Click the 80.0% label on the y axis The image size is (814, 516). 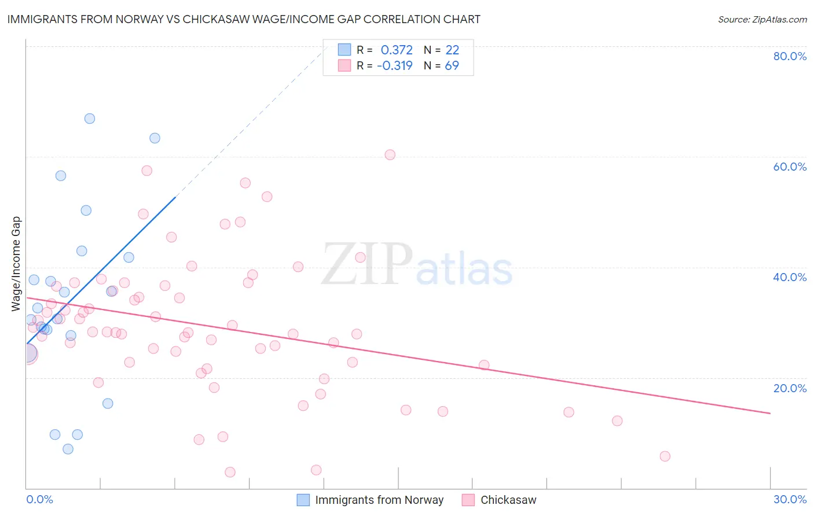[x=790, y=56]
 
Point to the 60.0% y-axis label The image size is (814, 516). [x=790, y=167]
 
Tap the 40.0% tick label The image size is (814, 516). [x=790, y=277]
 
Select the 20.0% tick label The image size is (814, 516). [x=790, y=388]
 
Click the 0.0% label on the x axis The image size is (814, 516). [x=39, y=499]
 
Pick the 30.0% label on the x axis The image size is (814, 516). [x=790, y=499]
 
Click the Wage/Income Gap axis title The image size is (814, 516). [x=16, y=264]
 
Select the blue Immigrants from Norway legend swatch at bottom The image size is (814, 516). [x=303, y=500]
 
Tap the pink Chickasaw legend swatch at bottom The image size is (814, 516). [x=468, y=500]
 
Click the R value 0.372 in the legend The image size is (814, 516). [x=397, y=50]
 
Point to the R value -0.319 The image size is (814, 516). [x=394, y=66]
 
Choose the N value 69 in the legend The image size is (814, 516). [x=452, y=66]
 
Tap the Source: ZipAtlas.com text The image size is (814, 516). [x=762, y=20]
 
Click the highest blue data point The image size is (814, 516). [x=90, y=119]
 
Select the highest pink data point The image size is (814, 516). [x=390, y=155]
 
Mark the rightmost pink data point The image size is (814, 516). [x=665, y=456]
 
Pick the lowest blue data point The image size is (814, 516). [x=68, y=449]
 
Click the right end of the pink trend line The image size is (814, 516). [x=770, y=413]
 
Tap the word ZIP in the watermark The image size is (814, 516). [x=366, y=264]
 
